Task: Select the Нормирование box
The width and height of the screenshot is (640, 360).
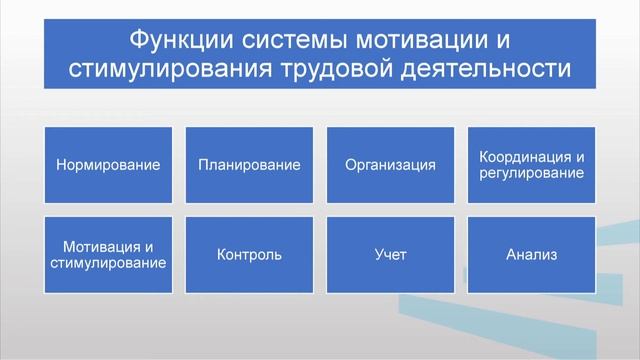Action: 108,165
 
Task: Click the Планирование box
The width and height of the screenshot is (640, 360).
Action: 249,165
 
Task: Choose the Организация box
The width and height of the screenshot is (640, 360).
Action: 390,165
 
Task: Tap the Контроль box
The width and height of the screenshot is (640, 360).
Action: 249,254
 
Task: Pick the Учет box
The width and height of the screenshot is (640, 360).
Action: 390,254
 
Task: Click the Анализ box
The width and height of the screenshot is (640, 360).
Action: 531,254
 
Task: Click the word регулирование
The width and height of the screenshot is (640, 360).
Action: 531,173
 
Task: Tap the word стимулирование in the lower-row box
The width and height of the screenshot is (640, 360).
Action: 108,262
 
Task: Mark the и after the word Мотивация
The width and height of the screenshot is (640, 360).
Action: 149,246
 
